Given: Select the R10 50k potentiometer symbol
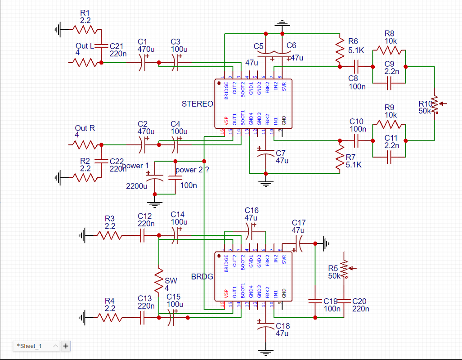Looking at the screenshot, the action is pyautogui.click(x=436, y=104).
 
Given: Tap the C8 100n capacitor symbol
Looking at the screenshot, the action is pyautogui.click(x=356, y=67).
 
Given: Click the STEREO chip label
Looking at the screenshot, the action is pyautogui.click(x=197, y=104).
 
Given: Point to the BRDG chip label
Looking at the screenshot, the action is pyautogui.click(x=202, y=277).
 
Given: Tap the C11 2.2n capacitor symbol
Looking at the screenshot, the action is pyautogui.click(x=389, y=157).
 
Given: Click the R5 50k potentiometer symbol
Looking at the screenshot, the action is pyautogui.click(x=345, y=269).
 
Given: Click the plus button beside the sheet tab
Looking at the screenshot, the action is pyautogui.click(x=66, y=346).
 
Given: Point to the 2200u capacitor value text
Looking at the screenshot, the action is pyautogui.click(x=136, y=186).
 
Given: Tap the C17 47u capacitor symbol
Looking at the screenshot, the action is pyautogui.click(x=298, y=243).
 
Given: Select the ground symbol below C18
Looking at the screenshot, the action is pyautogui.click(x=266, y=352).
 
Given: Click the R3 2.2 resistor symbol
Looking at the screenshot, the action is pyautogui.click(x=109, y=235).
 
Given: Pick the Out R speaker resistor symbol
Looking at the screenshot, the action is pyautogui.click(x=85, y=145).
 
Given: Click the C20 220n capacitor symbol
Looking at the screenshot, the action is pyautogui.click(x=344, y=301).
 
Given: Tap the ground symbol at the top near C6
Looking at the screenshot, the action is pyautogui.click(x=282, y=23).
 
